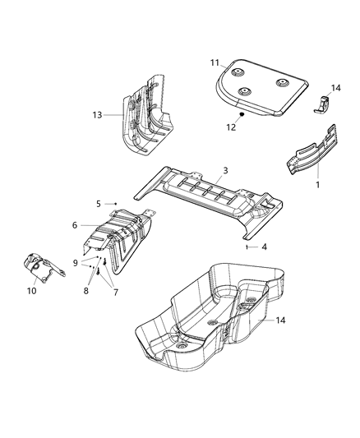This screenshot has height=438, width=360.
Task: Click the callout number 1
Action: pyautogui.click(x=318, y=187)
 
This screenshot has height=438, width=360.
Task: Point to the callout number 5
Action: pyautogui.click(x=98, y=202)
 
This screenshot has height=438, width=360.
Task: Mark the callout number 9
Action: pyautogui.click(x=73, y=263)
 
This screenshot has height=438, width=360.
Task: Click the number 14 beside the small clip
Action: pyautogui.click(x=335, y=87)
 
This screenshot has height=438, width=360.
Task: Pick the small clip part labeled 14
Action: pyautogui.click(x=321, y=105)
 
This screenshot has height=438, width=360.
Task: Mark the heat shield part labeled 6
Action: pyautogui.click(x=119, y=238)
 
